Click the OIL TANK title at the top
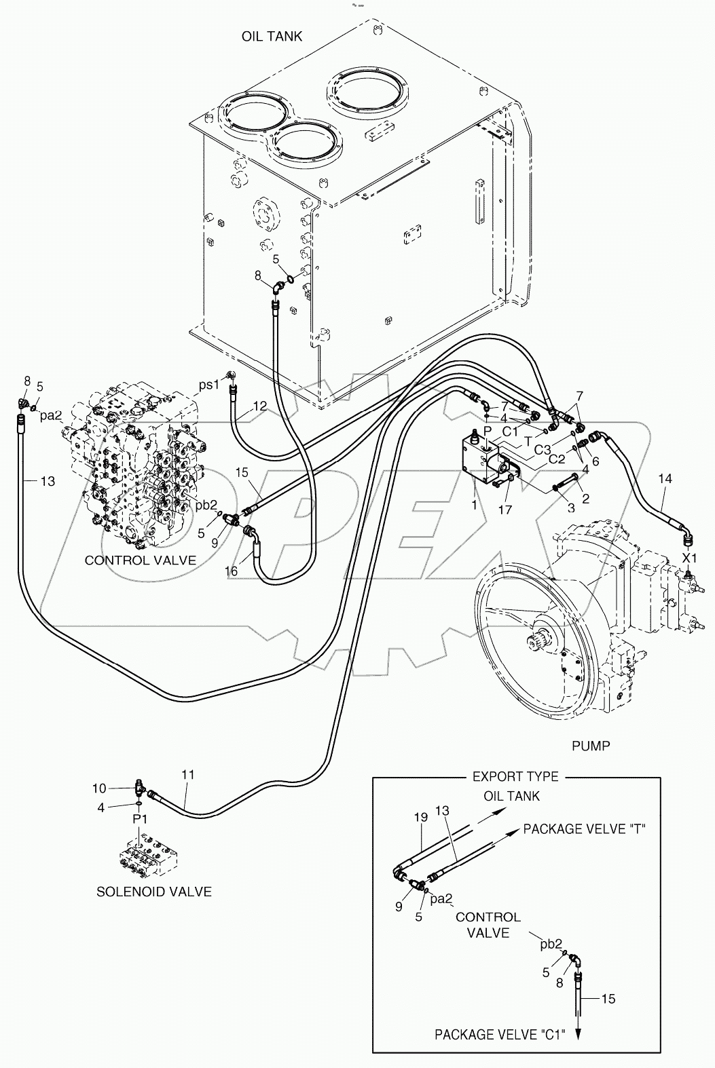[x=272, y=36]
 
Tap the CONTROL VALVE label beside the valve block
[x=141, y=560]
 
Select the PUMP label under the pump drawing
[x=590, y=746]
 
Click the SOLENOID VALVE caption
[x=153, y=892]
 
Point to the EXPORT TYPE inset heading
[x=515, y=776]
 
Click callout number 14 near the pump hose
[x=665, y=479]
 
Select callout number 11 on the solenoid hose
[x=188, y=774]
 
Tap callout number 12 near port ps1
[x=259, y=406]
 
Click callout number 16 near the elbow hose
[x=232, y=571]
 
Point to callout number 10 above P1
[x=100, y=788]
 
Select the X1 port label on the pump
[x=690, y=558]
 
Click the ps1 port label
[x=209, y=385]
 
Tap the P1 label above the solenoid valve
[x=140, y=820]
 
